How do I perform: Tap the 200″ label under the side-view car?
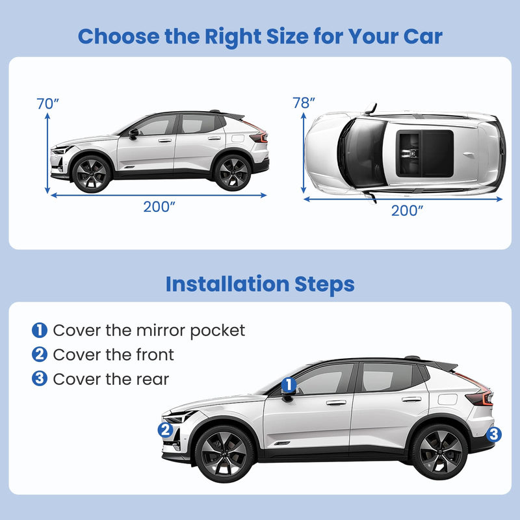[x=159, y=207]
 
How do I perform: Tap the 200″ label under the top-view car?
[x=408, y=210]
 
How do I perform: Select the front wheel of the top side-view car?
[x=90, y=174]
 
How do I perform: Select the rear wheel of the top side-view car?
[x=232, y=172]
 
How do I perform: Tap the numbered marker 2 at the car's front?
[x=166, y=430]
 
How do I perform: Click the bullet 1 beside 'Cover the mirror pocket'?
[x=40, y=330]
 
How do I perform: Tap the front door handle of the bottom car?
[x=336, y=403]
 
